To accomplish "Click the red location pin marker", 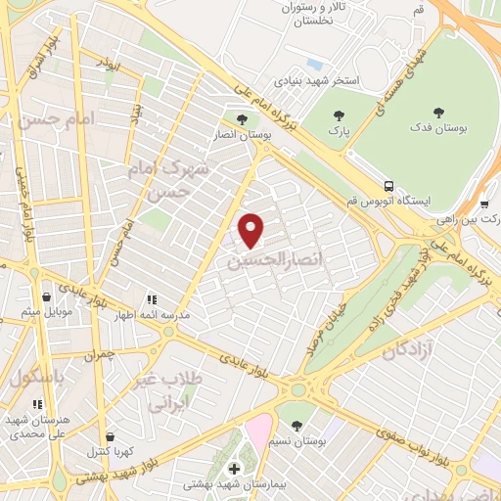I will click(252, 230).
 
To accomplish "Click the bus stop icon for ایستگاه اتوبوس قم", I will click(389, 185).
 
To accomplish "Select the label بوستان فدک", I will click(435, 128).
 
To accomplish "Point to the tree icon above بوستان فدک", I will click(436, 113).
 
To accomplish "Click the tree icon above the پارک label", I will click(339, 114).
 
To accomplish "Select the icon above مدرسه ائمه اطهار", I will click(150, 299).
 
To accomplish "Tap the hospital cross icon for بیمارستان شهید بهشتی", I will click(232, 469).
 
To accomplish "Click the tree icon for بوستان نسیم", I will click(296, 425).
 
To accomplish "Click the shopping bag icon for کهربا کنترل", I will click(110, 437).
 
